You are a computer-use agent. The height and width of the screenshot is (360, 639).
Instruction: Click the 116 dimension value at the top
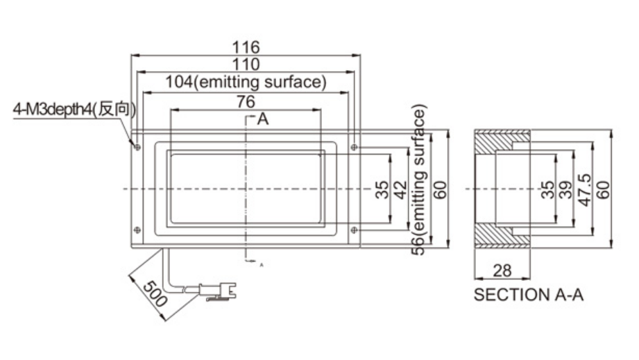tap(246, 47)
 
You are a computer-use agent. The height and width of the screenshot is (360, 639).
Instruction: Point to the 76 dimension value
tap(245, 101)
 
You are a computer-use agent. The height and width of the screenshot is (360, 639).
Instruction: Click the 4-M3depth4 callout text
tap(74, 110)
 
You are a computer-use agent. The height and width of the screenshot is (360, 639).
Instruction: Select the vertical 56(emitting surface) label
tap(418, 180)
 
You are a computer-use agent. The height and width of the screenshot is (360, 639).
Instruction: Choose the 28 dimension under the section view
tap(501, 269)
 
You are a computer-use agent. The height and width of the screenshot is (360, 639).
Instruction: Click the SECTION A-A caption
tap(528, 295)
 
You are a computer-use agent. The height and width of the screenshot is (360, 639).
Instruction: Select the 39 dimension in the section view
tap(565, 189)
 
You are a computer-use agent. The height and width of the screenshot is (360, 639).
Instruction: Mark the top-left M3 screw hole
tap(137, 147)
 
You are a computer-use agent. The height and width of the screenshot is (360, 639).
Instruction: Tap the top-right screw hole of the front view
tap(355, 147)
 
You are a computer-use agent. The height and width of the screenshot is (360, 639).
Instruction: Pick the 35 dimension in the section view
tap(547, 189)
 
